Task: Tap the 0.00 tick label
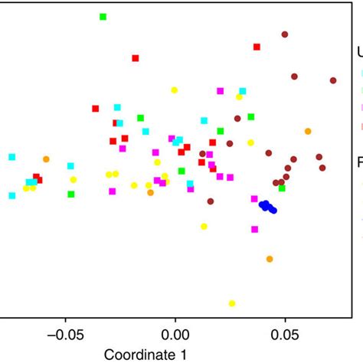click(x=175, y=334)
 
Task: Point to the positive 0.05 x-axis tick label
click(x=285, y=334)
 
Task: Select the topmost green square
click(x=103, y=17)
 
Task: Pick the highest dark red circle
click(x=285, y=34)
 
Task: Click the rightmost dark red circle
click(x=333, y=80)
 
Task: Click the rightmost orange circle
click(x=308, y=132)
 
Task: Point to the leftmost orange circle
click(x=46, y=159)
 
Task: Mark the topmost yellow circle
click(x=174, y=90)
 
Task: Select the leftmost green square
click(x=71, y=194)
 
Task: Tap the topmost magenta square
click(x=221, y=90)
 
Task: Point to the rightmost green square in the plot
click(x=282, y=188)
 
